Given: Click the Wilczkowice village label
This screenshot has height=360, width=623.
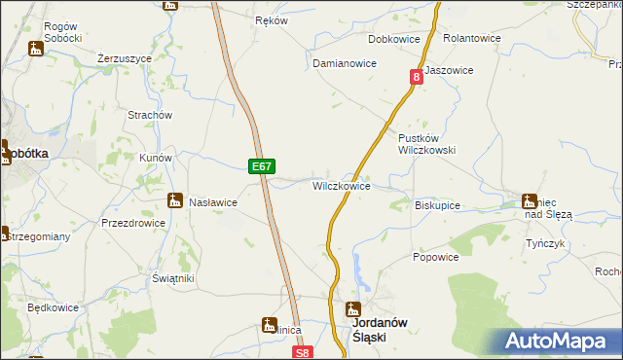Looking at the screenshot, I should (x=341, y=185).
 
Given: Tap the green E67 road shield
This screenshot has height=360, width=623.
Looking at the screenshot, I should (x=260, y=166).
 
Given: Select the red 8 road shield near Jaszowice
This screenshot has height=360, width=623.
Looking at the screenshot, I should (x=416, y=75).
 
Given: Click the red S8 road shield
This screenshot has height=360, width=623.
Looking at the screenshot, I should (x=304, y=353).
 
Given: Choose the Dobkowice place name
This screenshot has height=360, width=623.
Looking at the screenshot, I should (x=392, y=40).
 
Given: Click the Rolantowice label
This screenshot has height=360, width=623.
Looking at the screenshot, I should (x=471, y=40).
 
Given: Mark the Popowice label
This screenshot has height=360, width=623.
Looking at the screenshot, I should (x=435, y=257).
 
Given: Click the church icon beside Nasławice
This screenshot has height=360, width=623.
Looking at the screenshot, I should (x=175, y=201).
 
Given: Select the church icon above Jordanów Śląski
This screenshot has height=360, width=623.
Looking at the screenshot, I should (x=354, y=309).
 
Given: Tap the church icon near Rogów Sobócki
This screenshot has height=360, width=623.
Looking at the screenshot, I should (x=36, y=48).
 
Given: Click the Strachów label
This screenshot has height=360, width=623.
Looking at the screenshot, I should (x=150, y=115).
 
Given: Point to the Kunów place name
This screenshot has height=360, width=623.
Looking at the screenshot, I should (x=156, y=158).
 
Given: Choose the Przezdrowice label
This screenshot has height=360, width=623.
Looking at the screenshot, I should (x=133, y=223).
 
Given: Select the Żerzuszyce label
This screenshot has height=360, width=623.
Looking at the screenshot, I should (x=125, y=58).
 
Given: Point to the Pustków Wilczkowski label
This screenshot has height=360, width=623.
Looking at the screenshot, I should (x=426, y=144).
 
